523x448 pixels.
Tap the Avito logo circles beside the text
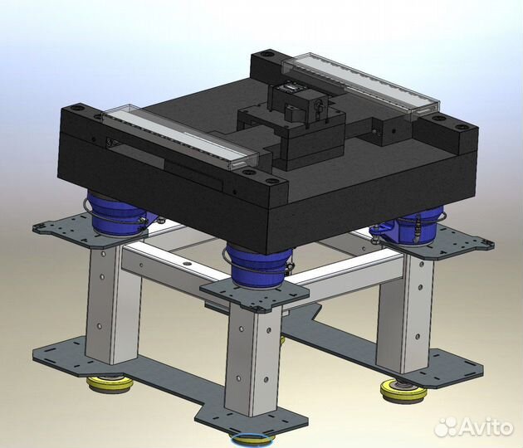coord(446,426)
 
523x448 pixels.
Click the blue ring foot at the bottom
coord(255,440)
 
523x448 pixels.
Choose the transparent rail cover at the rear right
coord(359,84)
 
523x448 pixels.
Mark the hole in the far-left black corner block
coord(79,108)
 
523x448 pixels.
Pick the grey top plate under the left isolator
coord(75,226)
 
